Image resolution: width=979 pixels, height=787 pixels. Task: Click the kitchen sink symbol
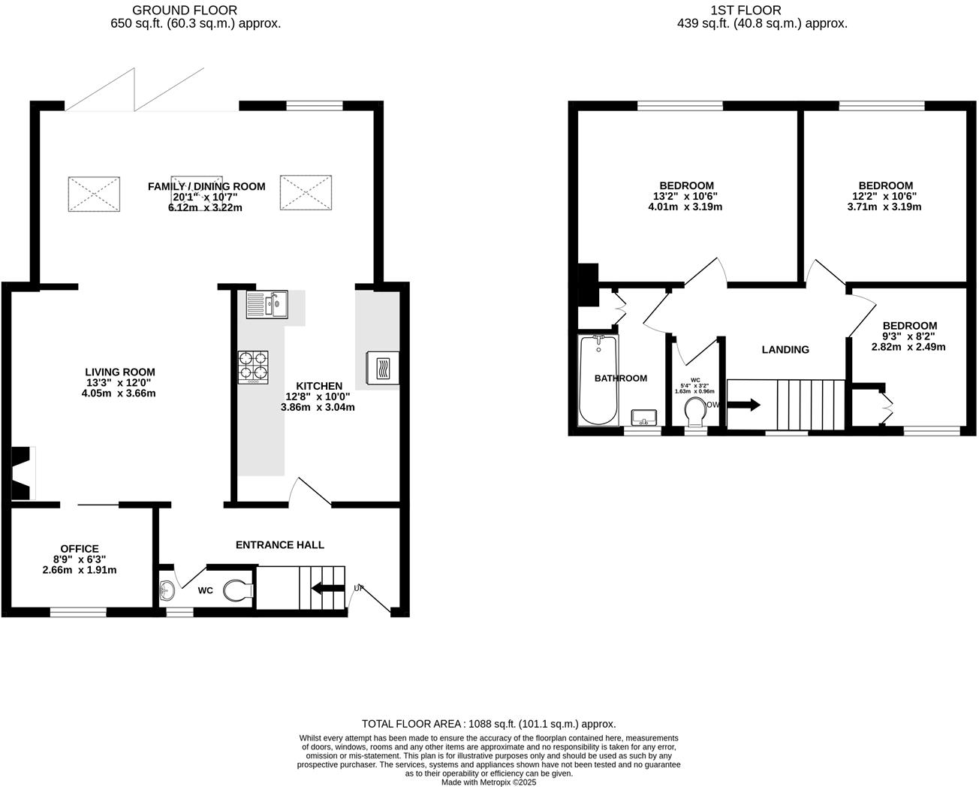pyautogui.click(x=267, y=305)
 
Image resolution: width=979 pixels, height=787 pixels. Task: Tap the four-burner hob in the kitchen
pyautogui.click(x=253, y=367)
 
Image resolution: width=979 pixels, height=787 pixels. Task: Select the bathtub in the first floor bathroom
pyautogui.click(x=598, y=380)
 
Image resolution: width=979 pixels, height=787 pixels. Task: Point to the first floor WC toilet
pyautogui.click(x=695, y=412)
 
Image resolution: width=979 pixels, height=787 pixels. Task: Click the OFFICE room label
pyautogui.click(x=80, y=549)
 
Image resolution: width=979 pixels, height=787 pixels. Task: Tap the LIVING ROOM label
pyautogui.click(x=120, y=372)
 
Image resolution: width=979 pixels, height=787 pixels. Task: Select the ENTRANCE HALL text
pyautogui.click(x=280, y=544)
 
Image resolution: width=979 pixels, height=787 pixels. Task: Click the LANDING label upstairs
pyautogui.click(x=785, y=349)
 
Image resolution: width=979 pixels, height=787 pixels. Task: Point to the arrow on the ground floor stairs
pyautogui.click(x=327, y=588)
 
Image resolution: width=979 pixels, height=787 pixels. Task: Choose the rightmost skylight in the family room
pyautogui.click(x=306, y=192)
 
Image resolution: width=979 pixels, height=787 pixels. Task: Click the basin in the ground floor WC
pyautogui.click(x=167, y=588)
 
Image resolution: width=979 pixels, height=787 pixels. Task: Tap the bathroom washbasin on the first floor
pyautogui.click(x=644, y=418)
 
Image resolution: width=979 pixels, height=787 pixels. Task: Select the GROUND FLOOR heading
pyautogui.click(x=185, y=11)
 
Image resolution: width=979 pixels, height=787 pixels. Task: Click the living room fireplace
pyautogui.click(x=22, y=473)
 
